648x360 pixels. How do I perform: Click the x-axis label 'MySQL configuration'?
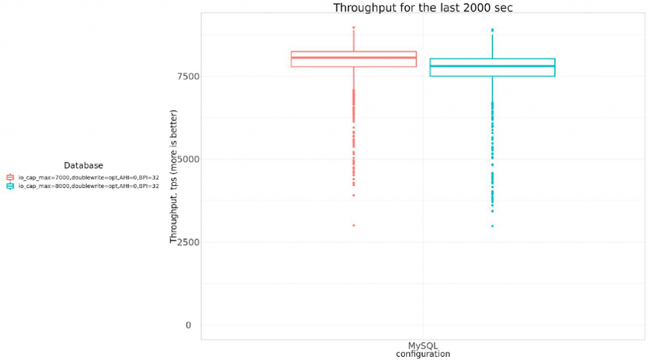tap(423, 350)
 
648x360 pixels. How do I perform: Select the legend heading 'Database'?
tap(84, 166)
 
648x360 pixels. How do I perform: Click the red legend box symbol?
tap(9, 178)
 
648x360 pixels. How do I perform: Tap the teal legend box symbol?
tap(9, 186)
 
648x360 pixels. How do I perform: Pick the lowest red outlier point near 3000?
tap(353, 225)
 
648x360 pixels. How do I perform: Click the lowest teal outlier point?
tap(492, 226)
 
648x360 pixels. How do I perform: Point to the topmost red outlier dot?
tap(353, 27)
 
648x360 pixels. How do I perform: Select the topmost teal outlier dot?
tap(492, 30)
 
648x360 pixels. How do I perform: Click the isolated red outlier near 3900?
tap(353, 195)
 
